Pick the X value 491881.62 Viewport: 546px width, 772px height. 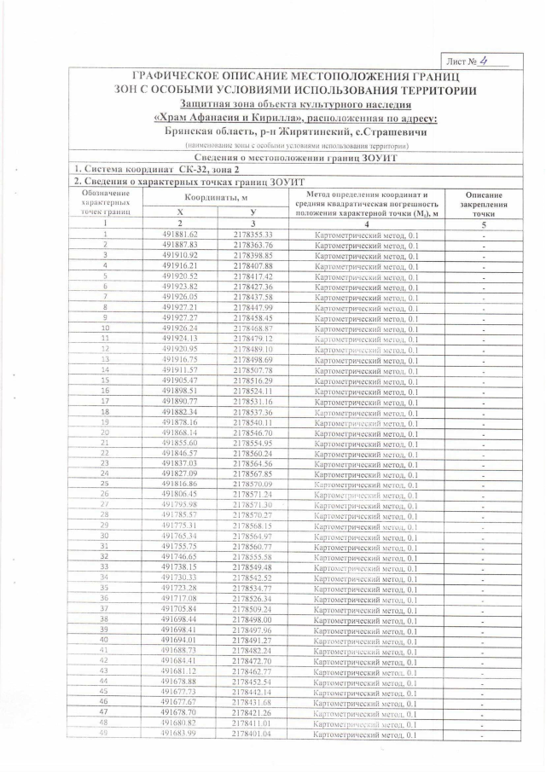179,234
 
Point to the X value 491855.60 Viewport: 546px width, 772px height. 179,443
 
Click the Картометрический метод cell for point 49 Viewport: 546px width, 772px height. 366,734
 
